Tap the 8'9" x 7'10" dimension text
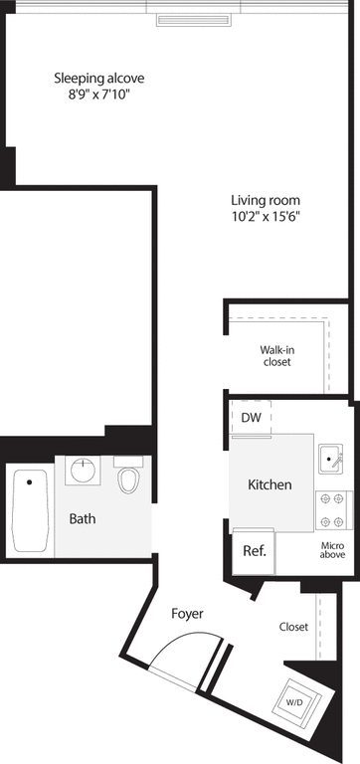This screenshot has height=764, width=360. point(92,95)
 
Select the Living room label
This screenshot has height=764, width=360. point(266,198)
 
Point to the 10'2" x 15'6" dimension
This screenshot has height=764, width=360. point(266,215)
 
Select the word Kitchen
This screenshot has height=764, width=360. point(270,484)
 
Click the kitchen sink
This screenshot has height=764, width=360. point(330,458)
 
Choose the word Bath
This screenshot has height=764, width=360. point(83,518)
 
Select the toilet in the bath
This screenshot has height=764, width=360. point(127,478)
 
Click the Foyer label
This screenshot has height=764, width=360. point(187,614)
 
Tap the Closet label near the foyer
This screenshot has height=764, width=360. point(293,627)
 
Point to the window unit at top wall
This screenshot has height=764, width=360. point(195,20)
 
